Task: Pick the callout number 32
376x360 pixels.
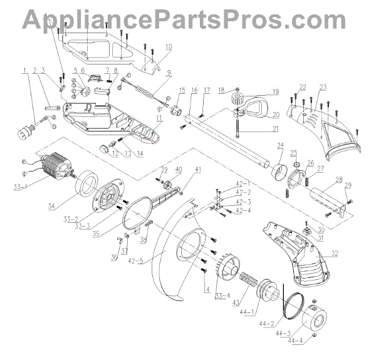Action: click(x=337, y=254)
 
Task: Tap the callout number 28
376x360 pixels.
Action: click(x=338, y=180)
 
